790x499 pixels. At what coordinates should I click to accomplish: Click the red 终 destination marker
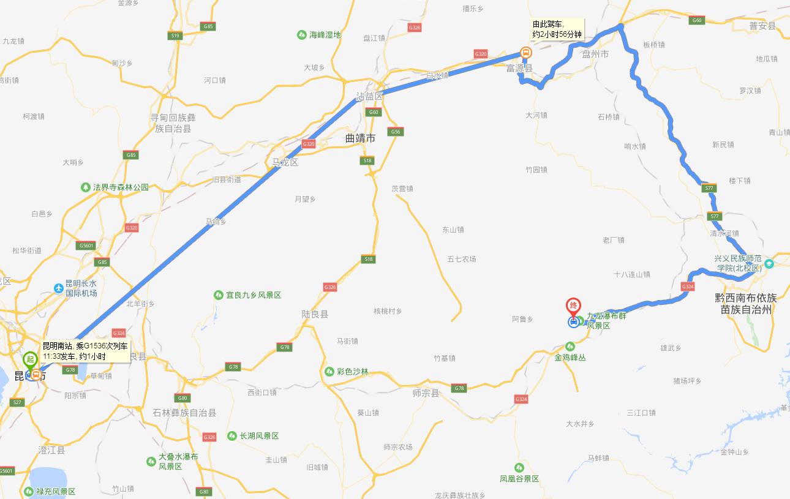(573, 306)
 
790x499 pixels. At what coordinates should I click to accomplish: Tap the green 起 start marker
(29, 359)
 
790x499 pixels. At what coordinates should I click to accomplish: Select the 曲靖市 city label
(360, 139)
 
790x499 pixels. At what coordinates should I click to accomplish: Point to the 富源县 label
(519, 68)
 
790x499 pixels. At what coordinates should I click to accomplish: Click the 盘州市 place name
(595, 54)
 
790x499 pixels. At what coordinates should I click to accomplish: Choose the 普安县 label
(762, 26)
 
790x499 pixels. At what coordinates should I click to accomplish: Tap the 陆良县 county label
(315, 314)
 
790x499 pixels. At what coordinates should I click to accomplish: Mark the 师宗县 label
(426, 393)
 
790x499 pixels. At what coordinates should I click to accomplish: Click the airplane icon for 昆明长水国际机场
(59, 288)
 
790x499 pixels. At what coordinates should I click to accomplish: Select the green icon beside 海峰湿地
(301, 35)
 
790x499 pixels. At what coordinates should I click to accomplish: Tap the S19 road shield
(175, 36)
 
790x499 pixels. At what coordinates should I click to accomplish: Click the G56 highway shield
(395, 132)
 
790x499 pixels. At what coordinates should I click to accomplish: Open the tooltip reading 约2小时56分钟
(557, 29)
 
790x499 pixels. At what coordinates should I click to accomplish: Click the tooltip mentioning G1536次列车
(85, 350)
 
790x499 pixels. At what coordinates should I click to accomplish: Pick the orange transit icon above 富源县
(525, 53)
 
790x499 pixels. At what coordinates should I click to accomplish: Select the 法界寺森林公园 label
(121, 187)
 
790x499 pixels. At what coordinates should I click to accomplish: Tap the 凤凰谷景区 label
(519, 479)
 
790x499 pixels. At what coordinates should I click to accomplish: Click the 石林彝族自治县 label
(184, 413)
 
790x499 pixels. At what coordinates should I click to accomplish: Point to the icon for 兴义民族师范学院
(769, 264)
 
